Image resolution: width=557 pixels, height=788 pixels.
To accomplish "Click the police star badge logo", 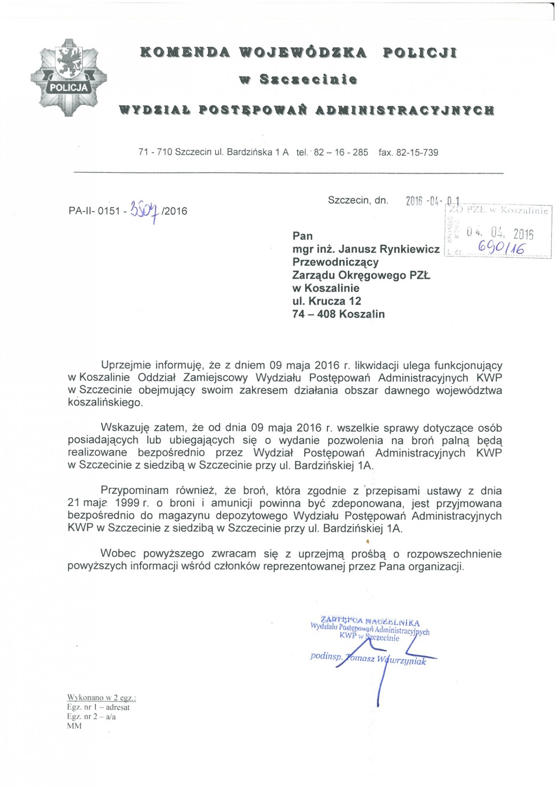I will pyautogui.click(x=69, y=78).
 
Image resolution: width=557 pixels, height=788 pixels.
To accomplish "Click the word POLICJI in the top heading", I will pyautogui.click(x=420, y=52).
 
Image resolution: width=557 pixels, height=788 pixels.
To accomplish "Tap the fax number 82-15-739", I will pyautogui.click(x=417, y=153).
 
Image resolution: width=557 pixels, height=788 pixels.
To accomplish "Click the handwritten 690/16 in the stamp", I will pyautogui.click(x=501, y=247).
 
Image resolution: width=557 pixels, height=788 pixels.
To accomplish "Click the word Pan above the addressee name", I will pyautogui.click(x=302, y=236).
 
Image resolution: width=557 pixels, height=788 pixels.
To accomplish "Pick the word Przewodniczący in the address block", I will pyautogui.click(x=335, y=262).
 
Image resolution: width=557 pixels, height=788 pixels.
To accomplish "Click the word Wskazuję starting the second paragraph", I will pyautogui.click(x=125, y=428).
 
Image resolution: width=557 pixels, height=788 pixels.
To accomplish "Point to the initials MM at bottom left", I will pyautogui.click(x=74, y=726).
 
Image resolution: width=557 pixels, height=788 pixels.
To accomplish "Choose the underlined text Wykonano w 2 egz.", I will pyautogui.click(x=101, y=698).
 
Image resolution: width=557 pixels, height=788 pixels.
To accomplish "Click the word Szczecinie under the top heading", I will pyautogui.click(x=308, y=80).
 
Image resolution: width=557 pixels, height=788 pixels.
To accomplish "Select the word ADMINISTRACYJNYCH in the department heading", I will pyautogui.click(x=405, y=110).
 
